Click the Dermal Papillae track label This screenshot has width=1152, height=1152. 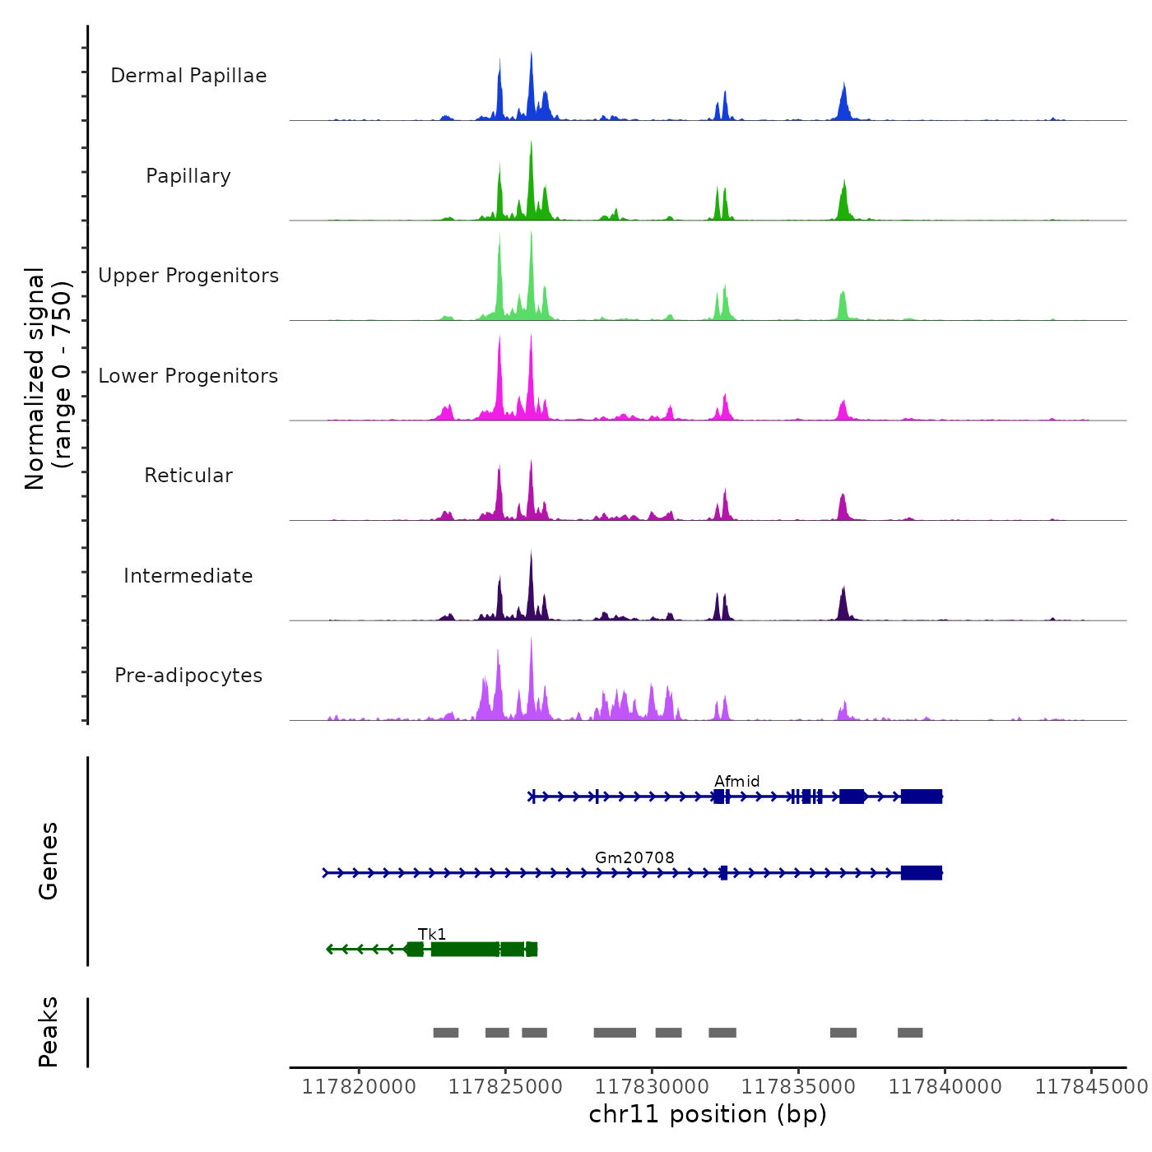(188, 76)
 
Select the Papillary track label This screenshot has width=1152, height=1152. (188, 176)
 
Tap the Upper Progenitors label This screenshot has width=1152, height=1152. (188, 276)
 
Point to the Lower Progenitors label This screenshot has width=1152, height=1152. (188, 376)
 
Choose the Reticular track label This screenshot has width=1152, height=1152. (188, 476)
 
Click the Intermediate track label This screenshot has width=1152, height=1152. (188, 576)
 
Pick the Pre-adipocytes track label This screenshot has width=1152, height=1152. (188, 676)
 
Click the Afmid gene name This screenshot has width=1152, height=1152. (736, 781)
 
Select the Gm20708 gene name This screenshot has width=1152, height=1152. (634, 857)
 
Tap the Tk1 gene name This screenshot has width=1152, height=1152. (432, 934)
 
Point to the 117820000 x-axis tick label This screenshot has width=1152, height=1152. (359, 1086)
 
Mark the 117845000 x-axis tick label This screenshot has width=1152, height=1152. (1091, 1086)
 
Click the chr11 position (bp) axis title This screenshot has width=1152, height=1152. (708, 1114)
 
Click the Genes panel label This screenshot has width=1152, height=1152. (48, 861)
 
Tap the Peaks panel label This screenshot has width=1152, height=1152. (48, 1032)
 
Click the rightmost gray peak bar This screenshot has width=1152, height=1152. (910, 1033)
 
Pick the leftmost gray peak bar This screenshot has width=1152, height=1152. (446, 1033)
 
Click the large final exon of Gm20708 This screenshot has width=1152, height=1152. (921, 873)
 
